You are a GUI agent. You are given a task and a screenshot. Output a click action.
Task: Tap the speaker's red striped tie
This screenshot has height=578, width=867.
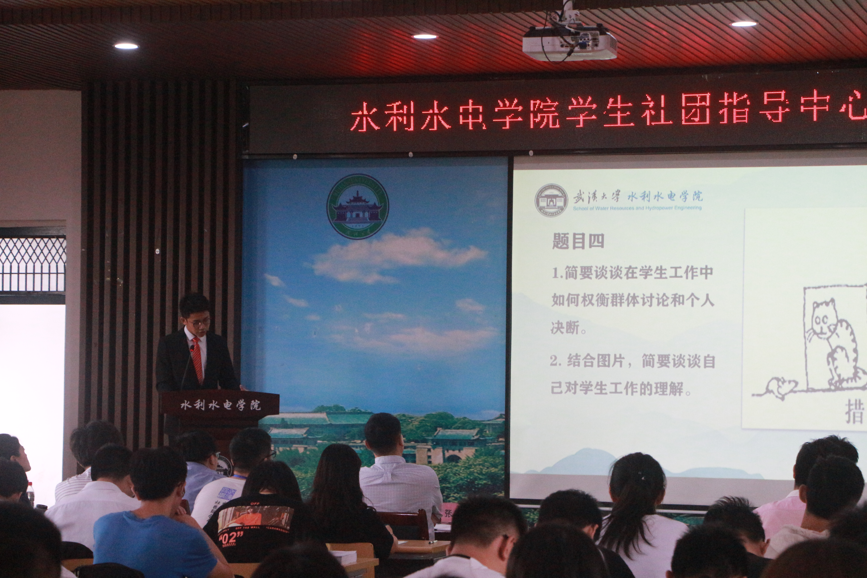[x=197, y=359]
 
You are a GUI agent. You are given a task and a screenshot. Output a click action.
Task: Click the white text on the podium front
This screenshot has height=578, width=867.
[x=220, y=405]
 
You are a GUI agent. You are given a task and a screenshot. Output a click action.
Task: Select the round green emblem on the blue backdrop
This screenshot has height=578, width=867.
[x=358, y=206]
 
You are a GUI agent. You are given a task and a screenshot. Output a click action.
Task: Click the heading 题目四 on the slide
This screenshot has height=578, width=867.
[x=578, y=242]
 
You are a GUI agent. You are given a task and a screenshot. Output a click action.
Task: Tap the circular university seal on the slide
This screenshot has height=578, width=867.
[x=551, y=200]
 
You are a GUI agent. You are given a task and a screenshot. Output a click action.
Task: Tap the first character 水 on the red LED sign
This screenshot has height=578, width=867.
[x=365, y=116]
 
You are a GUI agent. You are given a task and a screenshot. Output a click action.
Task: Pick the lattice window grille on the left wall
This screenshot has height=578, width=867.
[x=32, y=264]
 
